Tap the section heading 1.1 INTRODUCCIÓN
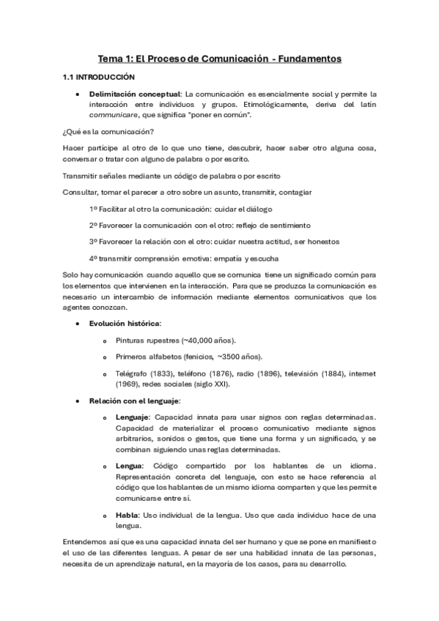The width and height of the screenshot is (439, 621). [99, 76]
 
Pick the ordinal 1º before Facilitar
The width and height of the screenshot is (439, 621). [94, 209]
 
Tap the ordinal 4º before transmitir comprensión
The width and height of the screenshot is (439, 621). [94, 258]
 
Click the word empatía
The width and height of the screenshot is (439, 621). [235, 258]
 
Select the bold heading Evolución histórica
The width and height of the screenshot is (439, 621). [125, 323]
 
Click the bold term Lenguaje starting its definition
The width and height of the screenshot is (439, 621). [132, 417]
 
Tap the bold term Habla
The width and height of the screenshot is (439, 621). [127, 514]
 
